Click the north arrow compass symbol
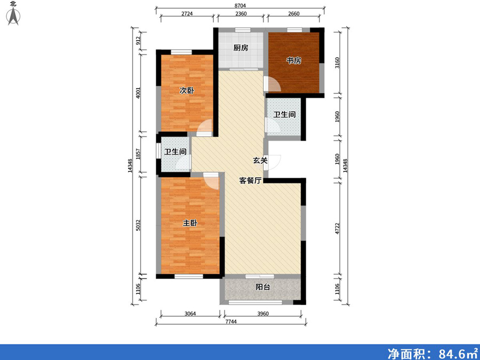click(x=13, y=16)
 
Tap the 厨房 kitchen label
click(x=241, y=48)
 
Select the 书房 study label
click(x=293, y=61)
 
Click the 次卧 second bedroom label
click(x=187, y=91)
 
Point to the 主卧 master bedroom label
click(x=190, y=223)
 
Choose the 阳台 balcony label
click(x=262, y=287)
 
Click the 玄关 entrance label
click(x=260, y=160)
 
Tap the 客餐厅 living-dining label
click(x=250, y=181)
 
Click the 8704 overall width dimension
click(x=241, y=5)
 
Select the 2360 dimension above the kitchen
click(x=241, y=14)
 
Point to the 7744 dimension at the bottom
click(x=231, y=322)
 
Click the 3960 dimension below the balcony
click(x=262, y=314)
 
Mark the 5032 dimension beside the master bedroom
click(x=138, y=225)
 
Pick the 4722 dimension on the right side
click(x=337, y=229)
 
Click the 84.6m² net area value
click(x=457, y=353)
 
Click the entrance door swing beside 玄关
click(x=274, y=162)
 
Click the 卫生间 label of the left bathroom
click(x=175, y=152)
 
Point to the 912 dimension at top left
click(x=138, y=41)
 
